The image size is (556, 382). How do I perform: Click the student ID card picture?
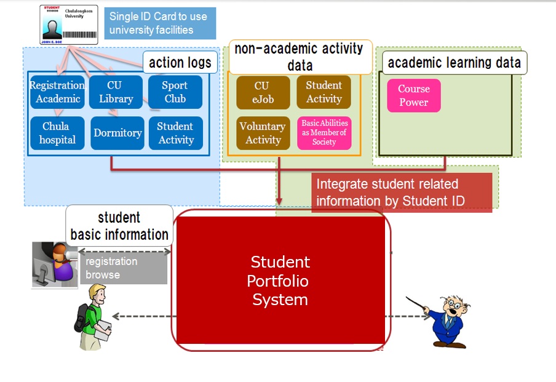(69, 25)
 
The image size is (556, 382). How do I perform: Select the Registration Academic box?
(57, 92)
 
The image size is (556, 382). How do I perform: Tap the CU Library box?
(116, 92)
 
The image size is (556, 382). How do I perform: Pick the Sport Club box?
(175, 92)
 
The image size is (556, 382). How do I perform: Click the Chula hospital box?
(56, 133)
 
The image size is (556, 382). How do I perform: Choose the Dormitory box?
(117, 133)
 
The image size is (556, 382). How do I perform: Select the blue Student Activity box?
(175, 133)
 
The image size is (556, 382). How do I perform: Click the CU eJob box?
(263, 92)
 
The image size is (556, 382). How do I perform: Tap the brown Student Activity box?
(324, 92)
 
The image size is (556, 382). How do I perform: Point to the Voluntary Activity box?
(263, 133)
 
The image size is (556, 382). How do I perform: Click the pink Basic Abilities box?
(324, 133)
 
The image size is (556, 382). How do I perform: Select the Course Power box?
(414, 95)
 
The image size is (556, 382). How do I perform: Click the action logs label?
(180, 62)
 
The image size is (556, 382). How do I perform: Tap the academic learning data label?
(455, 62)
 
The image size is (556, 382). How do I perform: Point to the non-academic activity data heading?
(300, 57)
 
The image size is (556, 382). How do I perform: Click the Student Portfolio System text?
(280, 281)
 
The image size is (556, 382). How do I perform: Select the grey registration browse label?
(124, 268)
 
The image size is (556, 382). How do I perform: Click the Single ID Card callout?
(160, 23)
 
